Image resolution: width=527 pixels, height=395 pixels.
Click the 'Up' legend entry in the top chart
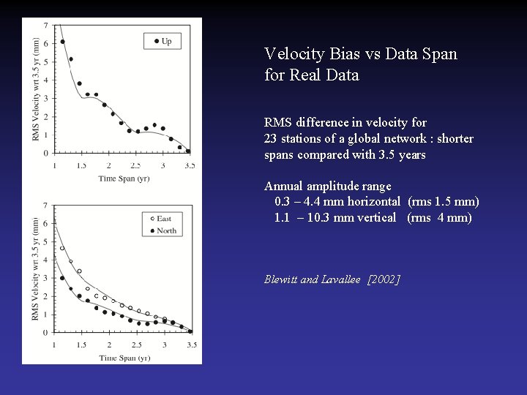pos(162,41)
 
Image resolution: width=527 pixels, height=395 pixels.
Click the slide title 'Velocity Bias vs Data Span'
pos(360,54)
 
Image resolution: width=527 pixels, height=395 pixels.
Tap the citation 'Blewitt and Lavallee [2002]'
pos(332,279)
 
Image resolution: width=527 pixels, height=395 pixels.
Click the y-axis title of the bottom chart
pos(36,268)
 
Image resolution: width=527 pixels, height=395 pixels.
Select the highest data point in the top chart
pos(62,41)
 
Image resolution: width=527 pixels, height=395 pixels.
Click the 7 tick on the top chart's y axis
pos(46,26)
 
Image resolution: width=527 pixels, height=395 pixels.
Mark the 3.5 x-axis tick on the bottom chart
pos(191,345)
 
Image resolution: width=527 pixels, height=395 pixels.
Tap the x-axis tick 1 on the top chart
pos(54,165)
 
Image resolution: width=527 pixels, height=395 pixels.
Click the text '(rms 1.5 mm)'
pos(443,202)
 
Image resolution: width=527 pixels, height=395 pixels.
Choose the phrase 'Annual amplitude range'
pos(327,187)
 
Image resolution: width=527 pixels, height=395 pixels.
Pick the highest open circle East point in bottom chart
pos(62,248)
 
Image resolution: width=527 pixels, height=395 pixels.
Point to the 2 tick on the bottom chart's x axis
pos(109,345)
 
